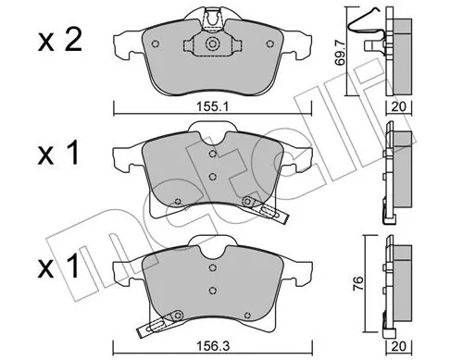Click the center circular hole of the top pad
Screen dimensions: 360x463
click(212, 45)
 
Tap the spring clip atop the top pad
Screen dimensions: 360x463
click(212, 16)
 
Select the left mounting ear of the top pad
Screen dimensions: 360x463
click(125, 43)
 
